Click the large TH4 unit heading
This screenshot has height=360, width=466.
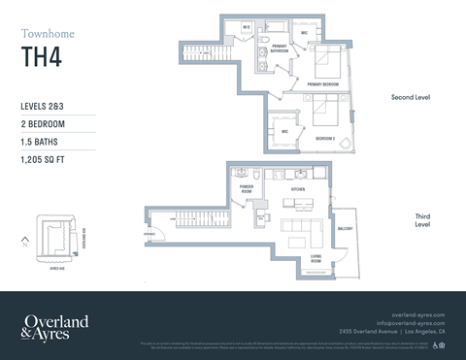click(x=40, y=58)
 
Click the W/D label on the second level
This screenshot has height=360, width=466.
click(x=248, y=27)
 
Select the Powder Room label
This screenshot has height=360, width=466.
click(x=248, y=190)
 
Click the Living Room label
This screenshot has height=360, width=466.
click(x=316, y=258)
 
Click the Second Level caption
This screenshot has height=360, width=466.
click(x=410, y=98)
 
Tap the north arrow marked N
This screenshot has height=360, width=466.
click(x=22, y=239)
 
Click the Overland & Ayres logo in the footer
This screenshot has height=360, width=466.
click(x=56, y=326)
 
